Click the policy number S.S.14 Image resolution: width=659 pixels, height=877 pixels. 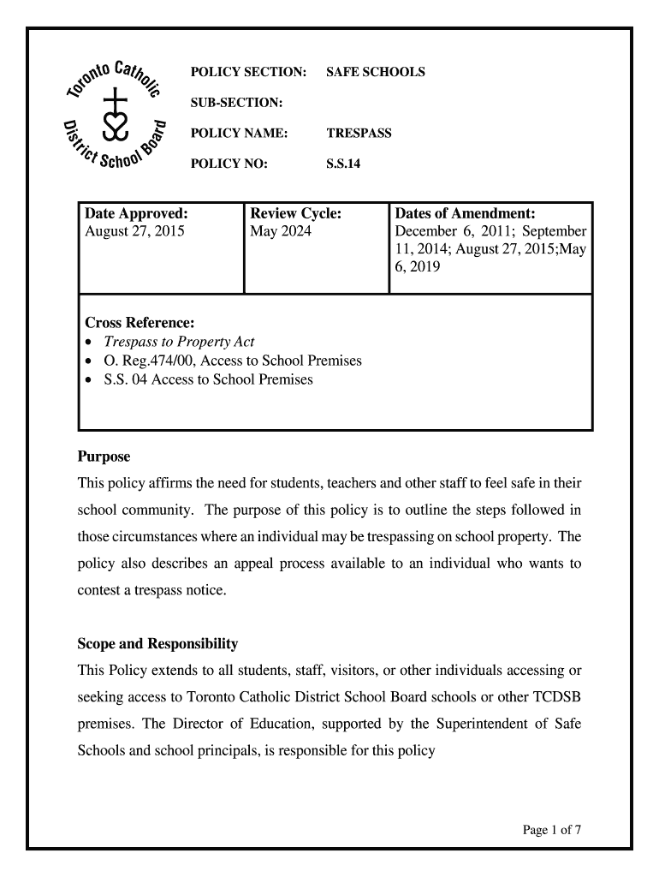(x=343, y=164)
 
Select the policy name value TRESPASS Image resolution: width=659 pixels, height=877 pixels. (x=359, y=134)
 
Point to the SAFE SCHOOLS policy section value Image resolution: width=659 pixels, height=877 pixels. (x=375, y=72)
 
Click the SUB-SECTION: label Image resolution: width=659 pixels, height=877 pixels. (x=236, y=103)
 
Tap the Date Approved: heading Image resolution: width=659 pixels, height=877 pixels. (x=136, y=213)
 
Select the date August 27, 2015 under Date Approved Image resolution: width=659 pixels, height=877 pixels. (x=134, y=231)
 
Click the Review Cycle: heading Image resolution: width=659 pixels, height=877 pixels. (x=295, y=213)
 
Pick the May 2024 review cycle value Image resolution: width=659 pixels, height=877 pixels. (x=281, y=231)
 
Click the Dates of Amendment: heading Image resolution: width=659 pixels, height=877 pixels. (x=465, y=213)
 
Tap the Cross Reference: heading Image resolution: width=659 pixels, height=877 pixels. (x=140, y=323)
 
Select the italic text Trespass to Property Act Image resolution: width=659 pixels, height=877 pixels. (x=179, y=342)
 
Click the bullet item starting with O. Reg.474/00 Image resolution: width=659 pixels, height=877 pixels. (x=233, y=361)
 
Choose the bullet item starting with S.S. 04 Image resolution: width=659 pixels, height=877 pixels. (x=208, y=379)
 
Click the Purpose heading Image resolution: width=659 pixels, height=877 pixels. (x=104, y=457)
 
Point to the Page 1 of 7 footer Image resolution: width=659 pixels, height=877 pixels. (x=552, y=829)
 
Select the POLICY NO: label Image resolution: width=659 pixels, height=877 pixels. (x=229, y=164)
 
